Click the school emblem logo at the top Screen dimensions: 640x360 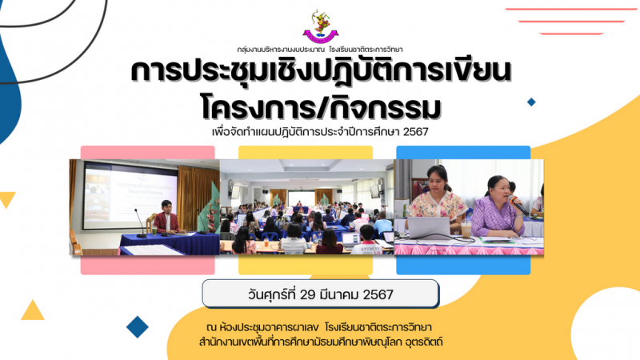[x=321, y=27]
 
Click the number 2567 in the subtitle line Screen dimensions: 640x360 [x=415, y=132]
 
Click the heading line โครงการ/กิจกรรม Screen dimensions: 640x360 [x=321, y=107]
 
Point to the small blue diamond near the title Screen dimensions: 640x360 [x=531, y=102]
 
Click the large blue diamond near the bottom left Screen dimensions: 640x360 [x=137, y=327]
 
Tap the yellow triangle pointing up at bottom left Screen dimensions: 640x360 [x=33, y=310]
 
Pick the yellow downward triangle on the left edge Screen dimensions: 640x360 [x=7, y=199]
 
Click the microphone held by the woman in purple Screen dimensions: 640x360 [x=518, y=206]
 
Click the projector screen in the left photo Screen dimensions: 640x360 [x=130, y=195]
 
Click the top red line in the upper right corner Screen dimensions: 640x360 [x=572, y=9]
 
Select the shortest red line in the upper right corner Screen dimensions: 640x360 [x=571, y=34]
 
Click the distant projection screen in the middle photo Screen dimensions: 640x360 [x=302, y=198]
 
